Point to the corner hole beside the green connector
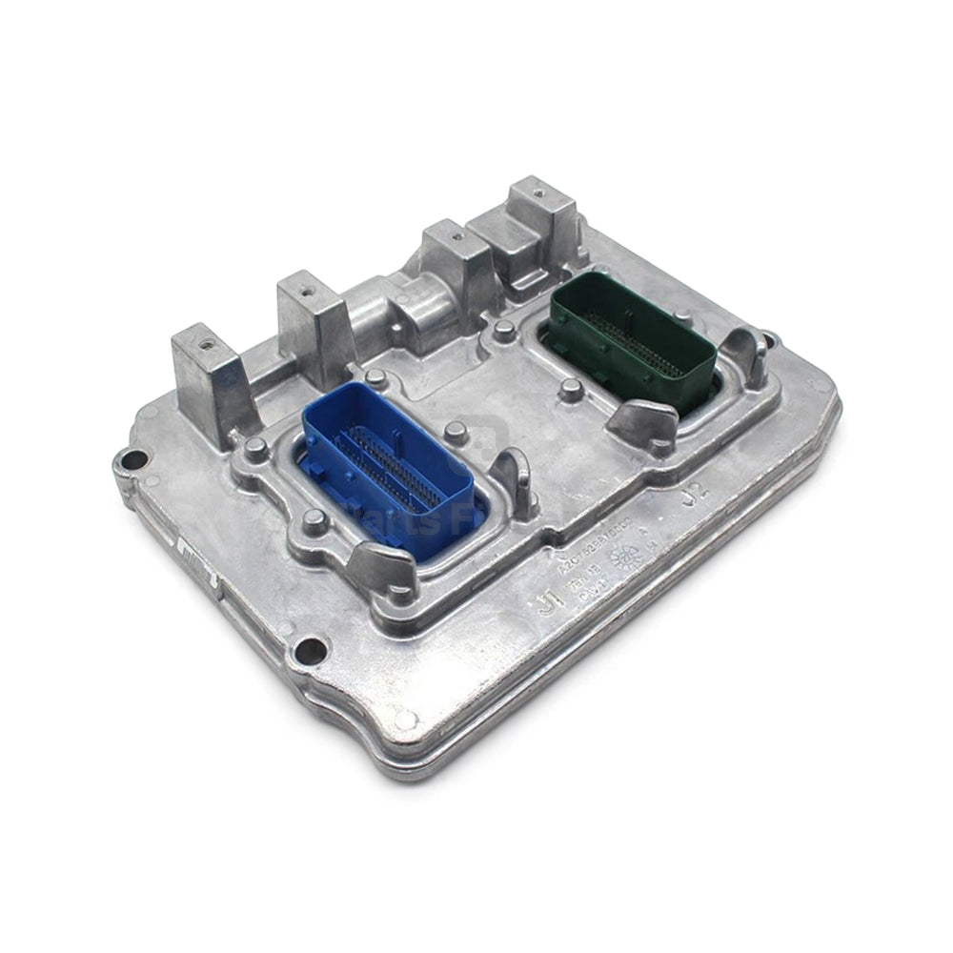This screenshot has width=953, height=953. click(768, 337)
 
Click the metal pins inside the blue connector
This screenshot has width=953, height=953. click(395, 467)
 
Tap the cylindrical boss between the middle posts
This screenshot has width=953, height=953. click(367, 314)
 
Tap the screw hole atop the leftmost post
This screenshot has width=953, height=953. click(203, 337)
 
